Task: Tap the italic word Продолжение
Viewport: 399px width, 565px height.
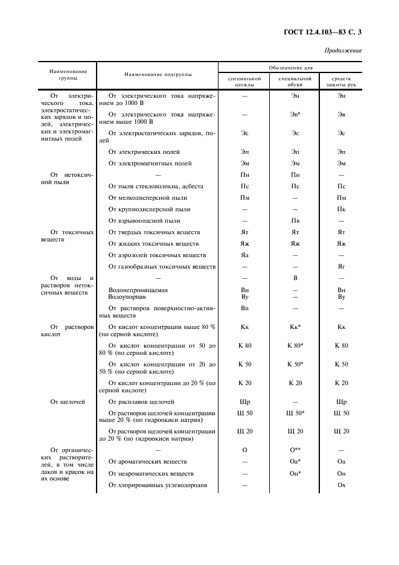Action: point(343,51)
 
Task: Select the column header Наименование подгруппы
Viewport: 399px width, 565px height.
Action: point(158,74)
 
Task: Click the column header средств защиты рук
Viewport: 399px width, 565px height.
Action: point(341,81)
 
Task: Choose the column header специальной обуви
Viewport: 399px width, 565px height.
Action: point(295,81)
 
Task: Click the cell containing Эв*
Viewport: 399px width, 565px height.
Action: point(295,114)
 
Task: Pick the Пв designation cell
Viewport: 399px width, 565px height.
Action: point(295,221)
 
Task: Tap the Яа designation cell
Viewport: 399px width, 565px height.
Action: point(245,255)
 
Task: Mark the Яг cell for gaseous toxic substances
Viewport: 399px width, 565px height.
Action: point(341,266)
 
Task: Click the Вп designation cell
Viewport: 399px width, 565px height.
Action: point(245,308)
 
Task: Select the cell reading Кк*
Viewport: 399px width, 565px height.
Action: point(295,327)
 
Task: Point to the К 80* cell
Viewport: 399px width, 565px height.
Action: point(295,346)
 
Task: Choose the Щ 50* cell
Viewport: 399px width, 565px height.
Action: point(295,413)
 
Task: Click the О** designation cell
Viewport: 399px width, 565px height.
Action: point(295,450)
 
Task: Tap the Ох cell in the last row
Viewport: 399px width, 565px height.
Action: point(341,485)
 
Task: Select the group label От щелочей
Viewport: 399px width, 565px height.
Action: point(68,401)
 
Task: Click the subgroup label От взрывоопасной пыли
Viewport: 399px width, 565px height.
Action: point(144,221)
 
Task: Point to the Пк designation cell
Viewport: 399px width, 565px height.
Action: point(341,209)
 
